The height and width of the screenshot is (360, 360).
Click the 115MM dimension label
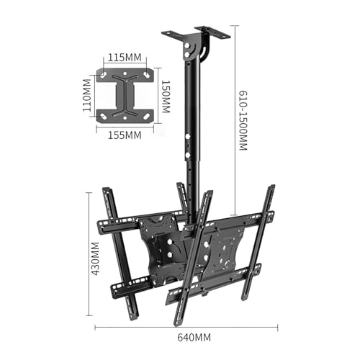point(125,58)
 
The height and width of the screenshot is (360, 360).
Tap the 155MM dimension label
point(125,135)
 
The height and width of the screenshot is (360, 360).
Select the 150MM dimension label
point(165,96)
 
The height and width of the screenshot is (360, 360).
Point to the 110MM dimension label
point(87,95)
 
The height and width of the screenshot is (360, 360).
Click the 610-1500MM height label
point(243,120)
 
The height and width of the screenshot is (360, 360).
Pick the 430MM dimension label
point(94,258)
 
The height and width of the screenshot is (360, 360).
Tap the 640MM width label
point(194,337)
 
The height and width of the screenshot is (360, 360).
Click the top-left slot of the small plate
point(104,75)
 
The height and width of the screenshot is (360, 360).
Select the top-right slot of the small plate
point(146,75)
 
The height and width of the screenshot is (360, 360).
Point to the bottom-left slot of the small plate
point(104,117)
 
